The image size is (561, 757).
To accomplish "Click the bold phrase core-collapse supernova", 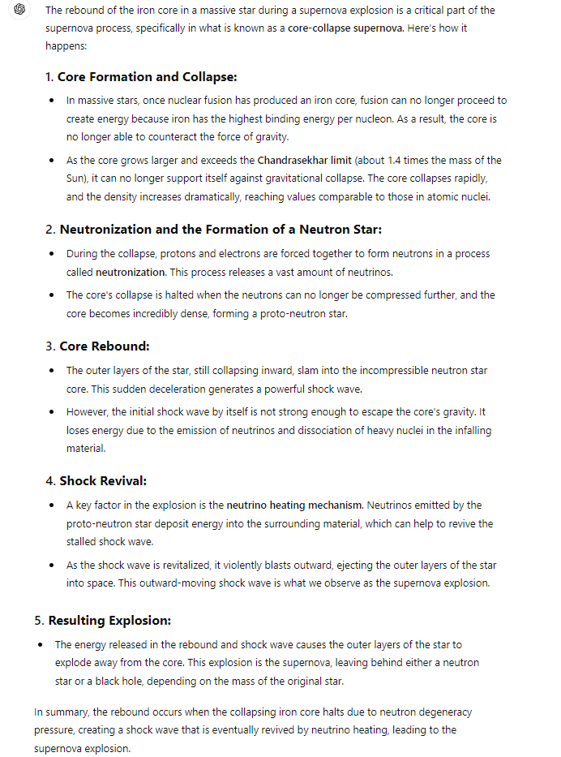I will pyautogui.click(x=345, y=28).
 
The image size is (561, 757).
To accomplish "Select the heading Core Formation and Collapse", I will pyautogui.click(x=148, y=77).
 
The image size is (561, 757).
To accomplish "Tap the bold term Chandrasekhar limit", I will pyautogui.click(x=304, y=161).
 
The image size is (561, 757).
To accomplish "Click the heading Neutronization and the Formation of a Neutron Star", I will pyautogui.click(x=221, y=230).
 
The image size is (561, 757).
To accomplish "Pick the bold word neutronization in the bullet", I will pyautogui.click(x=130, y=272).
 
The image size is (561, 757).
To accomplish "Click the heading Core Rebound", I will pyautogui.click(x=105, y=346).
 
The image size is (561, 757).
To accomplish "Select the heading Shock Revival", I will pyautogui.click(x=103, y=481).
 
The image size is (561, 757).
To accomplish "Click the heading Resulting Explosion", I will pyautogui.click(x=109, y=621).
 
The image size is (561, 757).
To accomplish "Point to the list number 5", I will pyautogui.click(x=38, y=621).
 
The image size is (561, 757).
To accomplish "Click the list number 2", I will pyautogui.click(x=49, y=230).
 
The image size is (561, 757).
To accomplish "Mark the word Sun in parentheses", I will pyautogui.click(x=75, y=178).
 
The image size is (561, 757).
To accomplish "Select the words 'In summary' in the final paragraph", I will pyautogui.click(x=60, y=712).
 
